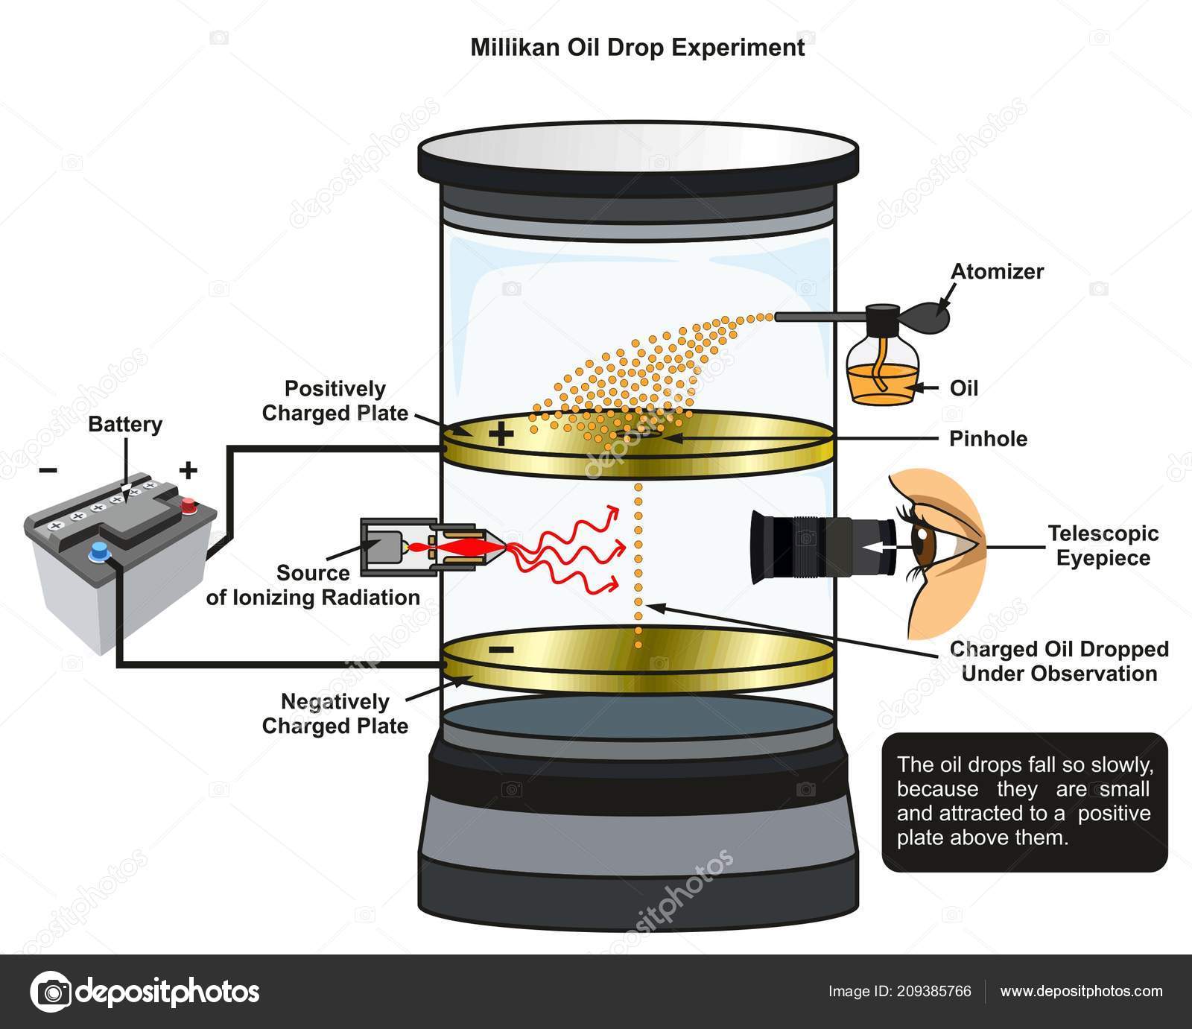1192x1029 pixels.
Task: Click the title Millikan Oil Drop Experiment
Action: (x=637, y=48)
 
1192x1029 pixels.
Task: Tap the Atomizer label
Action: (x=997, y=271)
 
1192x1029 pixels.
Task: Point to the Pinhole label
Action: (x=988, y=439)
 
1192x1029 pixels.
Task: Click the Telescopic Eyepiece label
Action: (x=1103, y=545)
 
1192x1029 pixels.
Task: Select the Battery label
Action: (x=125, y=425)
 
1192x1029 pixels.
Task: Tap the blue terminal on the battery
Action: (x=98, y=551)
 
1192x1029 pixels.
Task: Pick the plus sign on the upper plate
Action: (x=501, y=433)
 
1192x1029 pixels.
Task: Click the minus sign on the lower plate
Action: (x=501, y=650)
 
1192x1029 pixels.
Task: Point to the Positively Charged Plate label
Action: (x=335, y=401)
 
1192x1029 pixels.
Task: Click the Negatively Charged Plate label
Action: (x=335, y=714)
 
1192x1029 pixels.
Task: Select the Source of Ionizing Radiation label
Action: (x=313, y=586)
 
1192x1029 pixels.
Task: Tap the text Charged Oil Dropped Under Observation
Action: (x=1059, y=662)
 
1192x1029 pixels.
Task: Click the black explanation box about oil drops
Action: (x=1024, y=802)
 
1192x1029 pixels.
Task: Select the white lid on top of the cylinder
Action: (x=638, y=153)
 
